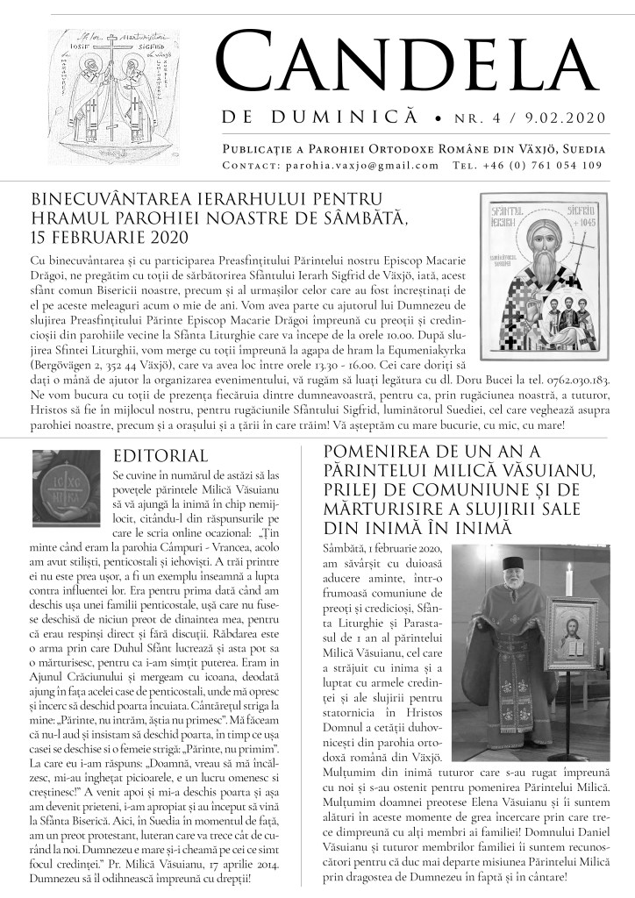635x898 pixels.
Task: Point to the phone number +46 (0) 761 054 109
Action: (x=570, y=165)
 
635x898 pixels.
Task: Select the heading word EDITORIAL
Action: (x=161, y=455)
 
